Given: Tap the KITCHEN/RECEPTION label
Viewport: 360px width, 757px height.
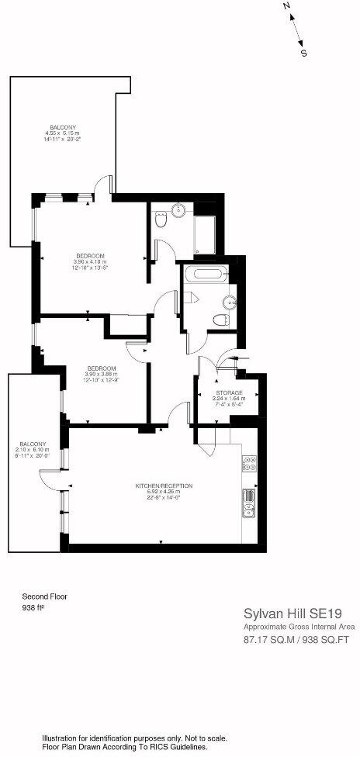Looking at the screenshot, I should click(164, 486).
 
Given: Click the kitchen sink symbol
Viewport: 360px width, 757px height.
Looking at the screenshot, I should click(250, 508).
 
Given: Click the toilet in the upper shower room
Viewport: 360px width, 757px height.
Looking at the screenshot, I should click(161, 223).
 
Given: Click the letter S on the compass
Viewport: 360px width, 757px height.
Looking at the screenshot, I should click(304, 54).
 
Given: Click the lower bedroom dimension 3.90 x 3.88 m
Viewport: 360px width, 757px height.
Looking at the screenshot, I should click(101, 375).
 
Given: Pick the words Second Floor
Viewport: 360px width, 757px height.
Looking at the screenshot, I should click(44, 596).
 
